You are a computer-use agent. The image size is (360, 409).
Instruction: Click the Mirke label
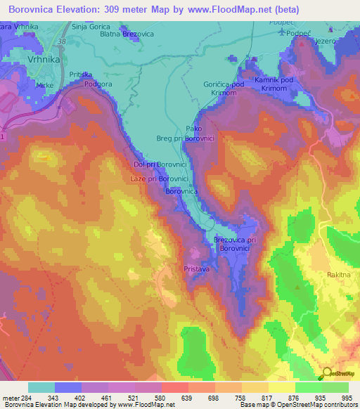(45, 85)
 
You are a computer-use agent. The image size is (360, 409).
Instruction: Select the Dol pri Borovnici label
(154, 164)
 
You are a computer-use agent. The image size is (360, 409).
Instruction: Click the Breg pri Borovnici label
(184, 139)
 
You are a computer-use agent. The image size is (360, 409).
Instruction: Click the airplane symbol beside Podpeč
(283, 32)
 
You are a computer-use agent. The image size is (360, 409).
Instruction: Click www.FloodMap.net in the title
(211, 10)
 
